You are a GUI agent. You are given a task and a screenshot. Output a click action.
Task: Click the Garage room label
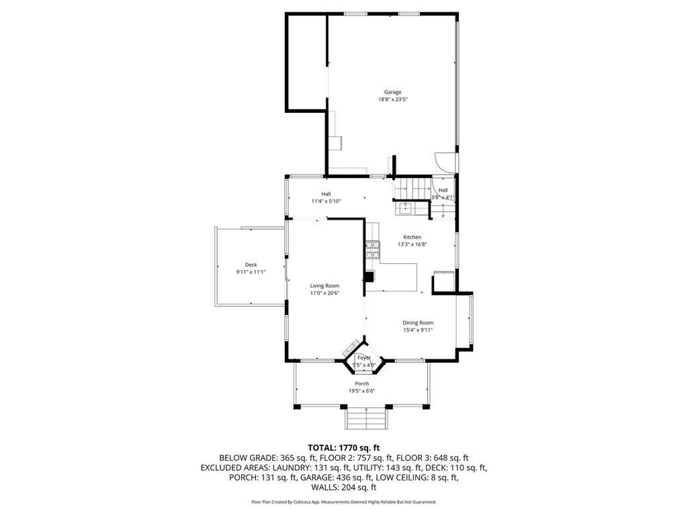(392, 92)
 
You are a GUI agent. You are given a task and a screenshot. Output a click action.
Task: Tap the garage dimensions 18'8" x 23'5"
(392, 99)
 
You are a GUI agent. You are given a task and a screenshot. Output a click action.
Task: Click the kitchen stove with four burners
(372, 250)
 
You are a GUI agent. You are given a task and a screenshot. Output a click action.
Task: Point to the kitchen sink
(407, 208)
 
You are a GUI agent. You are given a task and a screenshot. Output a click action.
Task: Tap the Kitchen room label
(412, 237)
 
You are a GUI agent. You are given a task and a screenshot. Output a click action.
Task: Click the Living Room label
(325, 286)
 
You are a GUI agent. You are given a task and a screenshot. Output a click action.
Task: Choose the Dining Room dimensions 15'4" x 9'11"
(417, 330)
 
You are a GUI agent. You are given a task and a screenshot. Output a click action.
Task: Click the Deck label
(251, 265)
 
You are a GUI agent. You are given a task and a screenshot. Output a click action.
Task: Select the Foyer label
(363, 359)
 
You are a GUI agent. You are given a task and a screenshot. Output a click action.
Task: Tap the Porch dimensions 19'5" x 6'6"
(361, 391)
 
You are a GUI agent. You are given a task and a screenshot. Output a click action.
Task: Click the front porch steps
(366, 419)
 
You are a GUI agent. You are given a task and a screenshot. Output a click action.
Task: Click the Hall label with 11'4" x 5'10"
(326, 201)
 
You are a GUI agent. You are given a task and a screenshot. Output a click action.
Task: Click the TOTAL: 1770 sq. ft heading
(344, 447)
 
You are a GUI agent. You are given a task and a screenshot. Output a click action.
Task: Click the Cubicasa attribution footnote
(344, 502)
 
